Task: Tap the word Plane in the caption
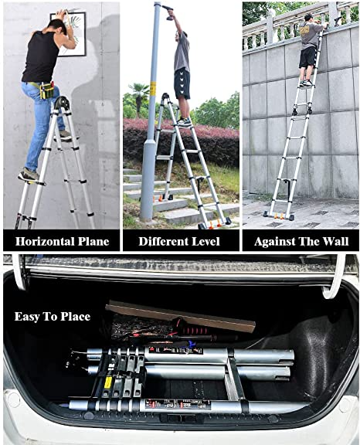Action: pos(93,242)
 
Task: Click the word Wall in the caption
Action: pos(336,242)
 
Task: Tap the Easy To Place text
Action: pos(53,317)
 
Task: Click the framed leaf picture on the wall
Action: pos(71,34)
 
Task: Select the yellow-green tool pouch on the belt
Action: pos(46,90)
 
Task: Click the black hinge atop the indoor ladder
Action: pos(62,104)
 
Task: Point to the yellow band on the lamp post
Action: pos(153,90)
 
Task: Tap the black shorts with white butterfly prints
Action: pos(182,83)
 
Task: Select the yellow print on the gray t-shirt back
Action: pos(306,31)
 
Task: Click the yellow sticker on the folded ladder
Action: pos(107,382)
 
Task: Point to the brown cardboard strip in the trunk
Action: pos(181,316)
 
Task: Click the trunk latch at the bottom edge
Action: pos(180,418)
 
